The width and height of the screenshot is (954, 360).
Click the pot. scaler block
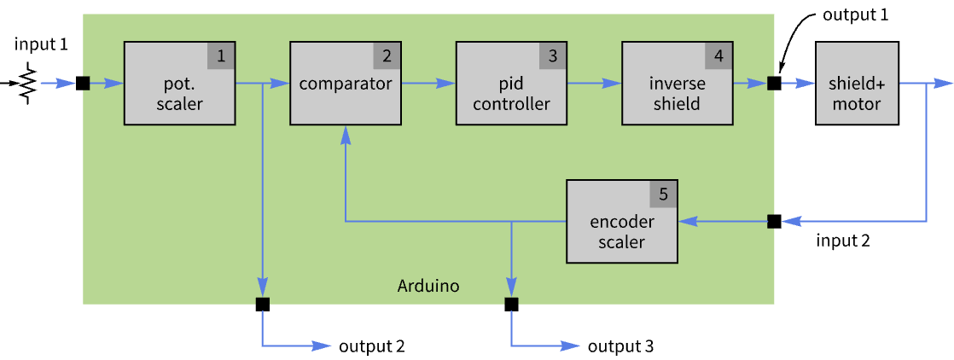pyautogui.click(x=179, y=84)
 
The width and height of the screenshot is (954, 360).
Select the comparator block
pyautogui.click(x=345, y=84)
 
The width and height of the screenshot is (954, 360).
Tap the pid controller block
pyautogui.click(x=510, y=84)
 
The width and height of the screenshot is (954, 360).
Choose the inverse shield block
pyautogui.click(x=676, y=84)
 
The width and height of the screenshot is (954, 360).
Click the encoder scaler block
pyautogui.click(x=622, y=222)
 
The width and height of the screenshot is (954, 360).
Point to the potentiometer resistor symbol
pyautogui.click(x=28, y=83)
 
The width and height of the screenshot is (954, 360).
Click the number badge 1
pyautogui.click(x=221, y=56)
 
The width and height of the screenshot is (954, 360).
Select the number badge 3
pyautogui.click(x=552, y=56)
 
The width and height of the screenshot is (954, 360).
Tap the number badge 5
pyautogui.click(x=664, y=195)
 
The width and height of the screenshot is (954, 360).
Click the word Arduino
pyautogui.click(x=428, y=286)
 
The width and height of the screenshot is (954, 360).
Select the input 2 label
pyautogui.click(x=843, y=241)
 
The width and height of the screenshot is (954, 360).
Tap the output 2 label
pyautogui.click(x=371, y=346)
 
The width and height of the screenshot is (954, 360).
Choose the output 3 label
pyautogui.click(x=620, y=346)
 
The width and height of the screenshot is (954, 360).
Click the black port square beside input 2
pyautogui.click(x=774, y=222)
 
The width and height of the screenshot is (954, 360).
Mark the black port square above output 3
pyautogui.click(x=511, y=304)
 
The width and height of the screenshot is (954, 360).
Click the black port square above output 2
pyautogui.click(x=262, y=304)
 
